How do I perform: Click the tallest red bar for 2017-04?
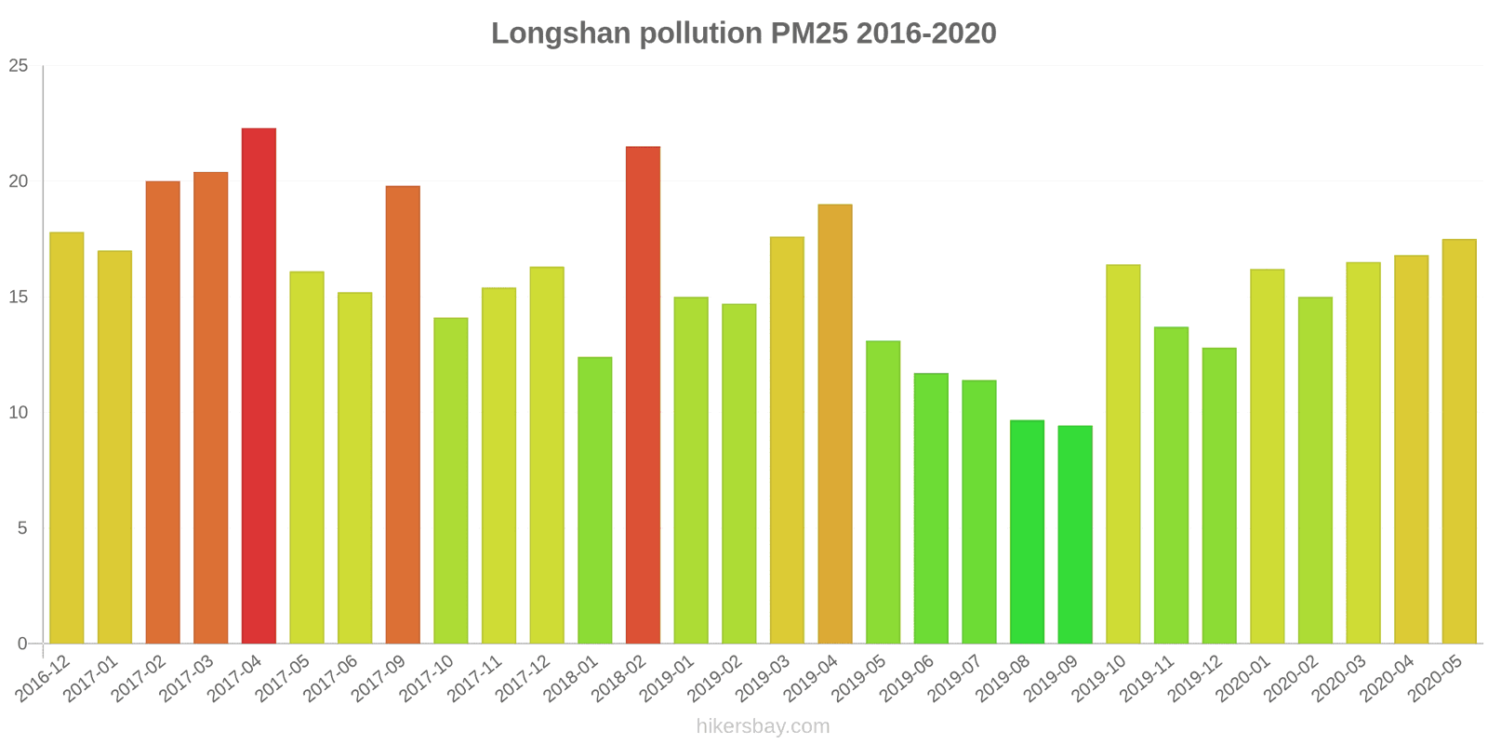(259, 386)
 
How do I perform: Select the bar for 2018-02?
(643, 395)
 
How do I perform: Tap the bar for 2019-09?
(1075, 535)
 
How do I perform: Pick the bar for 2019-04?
(835, 424)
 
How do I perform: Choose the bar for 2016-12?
(67, 438)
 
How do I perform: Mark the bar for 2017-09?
(403, 415)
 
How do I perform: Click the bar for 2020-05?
(1459, 442)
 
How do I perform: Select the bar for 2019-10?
(1123, 454)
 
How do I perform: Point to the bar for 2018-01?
(595, 500)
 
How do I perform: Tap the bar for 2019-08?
(1027, 532)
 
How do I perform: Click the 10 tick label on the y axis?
(19, 413)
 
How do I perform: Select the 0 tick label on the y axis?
(23, 644)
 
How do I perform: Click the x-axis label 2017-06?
(332, 678)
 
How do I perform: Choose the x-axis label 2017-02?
(139, 678)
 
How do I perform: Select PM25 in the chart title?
(808, 33)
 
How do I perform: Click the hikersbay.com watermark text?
(763, 726)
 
